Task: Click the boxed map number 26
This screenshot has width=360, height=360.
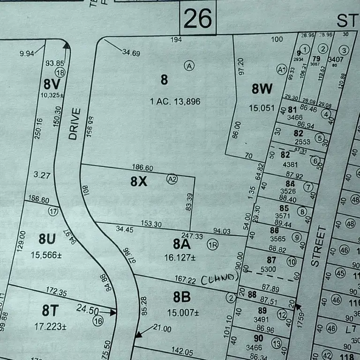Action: click(x=197, y=19)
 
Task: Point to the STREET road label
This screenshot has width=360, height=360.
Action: click(x=318, y=247)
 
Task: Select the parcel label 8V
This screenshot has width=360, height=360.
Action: click(x=52, y=84)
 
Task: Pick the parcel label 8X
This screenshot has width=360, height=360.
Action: click(x=139, y=181)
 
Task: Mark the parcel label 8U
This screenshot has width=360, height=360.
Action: click(x=47, y=239)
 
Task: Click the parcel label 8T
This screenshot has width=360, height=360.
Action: click(x=52, y=310)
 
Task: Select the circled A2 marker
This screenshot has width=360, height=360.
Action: click(x=172, y=179)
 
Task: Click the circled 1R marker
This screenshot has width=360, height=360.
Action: click(x=213, y=245)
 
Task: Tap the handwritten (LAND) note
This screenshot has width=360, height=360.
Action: click(x=220, y=279)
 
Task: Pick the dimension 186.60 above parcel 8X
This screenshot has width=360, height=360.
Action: click(x=143, y=168)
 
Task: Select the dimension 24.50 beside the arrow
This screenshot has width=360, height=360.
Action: click(x=88, y=310)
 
